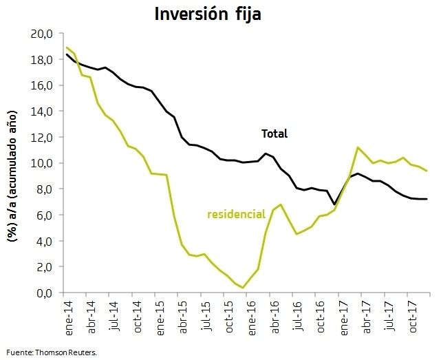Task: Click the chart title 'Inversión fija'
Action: coord(208,14)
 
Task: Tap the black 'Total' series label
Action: coord(275,134)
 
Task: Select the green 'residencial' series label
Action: coord(236,214)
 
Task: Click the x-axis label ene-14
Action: coord(69,318)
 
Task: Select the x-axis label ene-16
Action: coord(252,318)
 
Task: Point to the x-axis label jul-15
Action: coord(206,315)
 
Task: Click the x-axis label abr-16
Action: coord(275,317)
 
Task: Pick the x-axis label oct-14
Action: coord(137,317)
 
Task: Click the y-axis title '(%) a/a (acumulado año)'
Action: coord(12,176)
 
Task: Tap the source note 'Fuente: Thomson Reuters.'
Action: coord(52,352)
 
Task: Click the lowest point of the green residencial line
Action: coord(243,288)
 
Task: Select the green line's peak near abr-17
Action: coord(358,147)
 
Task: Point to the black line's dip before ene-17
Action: coord(334,204)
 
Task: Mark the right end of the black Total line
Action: coord(427,199)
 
